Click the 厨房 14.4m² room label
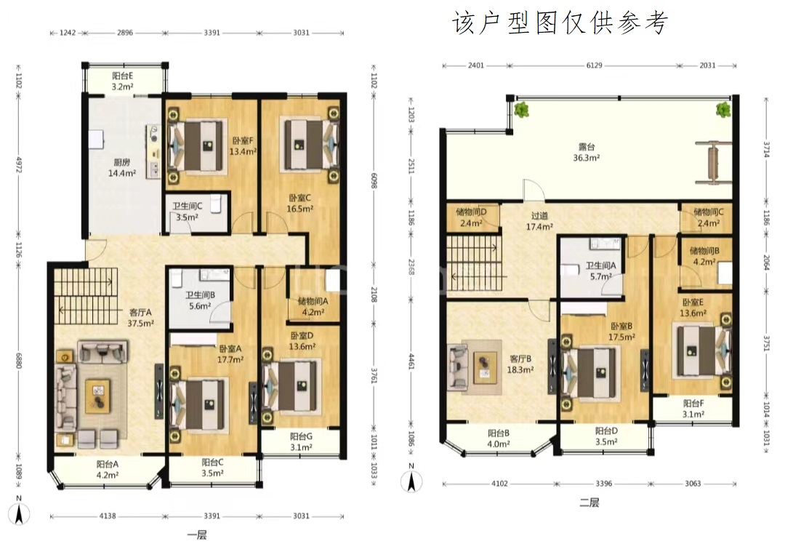(x=122, y=168)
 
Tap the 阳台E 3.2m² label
(x=123, y=81)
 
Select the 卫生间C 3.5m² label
(x=188, y=212)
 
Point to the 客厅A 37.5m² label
(x=140, y=318)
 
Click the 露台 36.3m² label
(x=587, y=152)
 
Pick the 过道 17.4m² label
(x=539, y=221)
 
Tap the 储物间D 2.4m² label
(x=471, y=218)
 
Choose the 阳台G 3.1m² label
(x=302, y=442)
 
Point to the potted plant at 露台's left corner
(x=522, y=110)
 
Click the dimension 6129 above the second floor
(x=595, y=65)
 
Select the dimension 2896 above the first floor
(x=125, y=33)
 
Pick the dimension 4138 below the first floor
(x=108, y=516)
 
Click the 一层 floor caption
(x=197, y=535)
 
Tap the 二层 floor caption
(x=589, y=502)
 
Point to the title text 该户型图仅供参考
(x=560, y=23)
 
